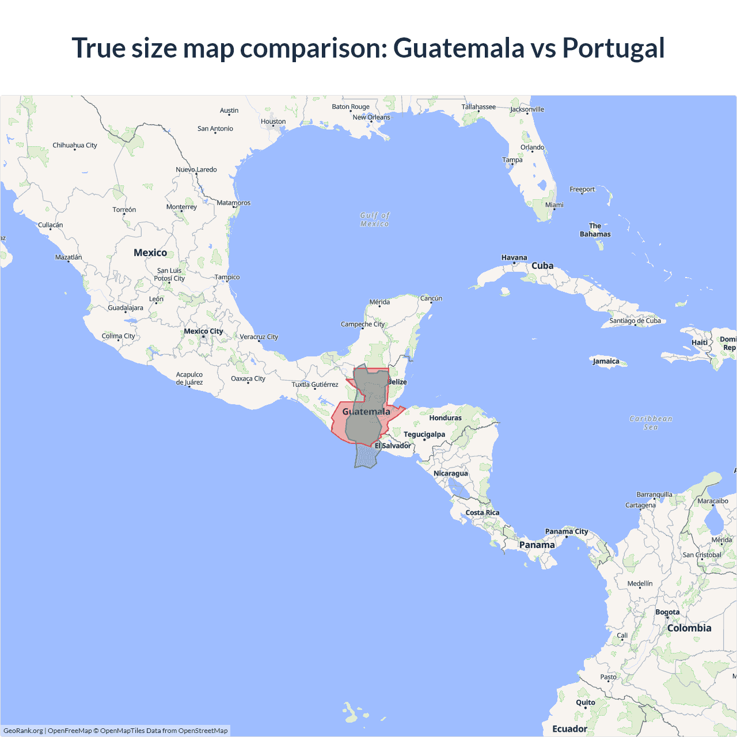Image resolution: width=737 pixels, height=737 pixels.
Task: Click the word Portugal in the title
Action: point(613,48)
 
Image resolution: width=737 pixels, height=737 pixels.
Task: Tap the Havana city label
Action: point(514,257)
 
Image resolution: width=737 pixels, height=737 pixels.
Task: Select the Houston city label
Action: point(273,121)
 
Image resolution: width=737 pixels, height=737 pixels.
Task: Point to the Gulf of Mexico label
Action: point(375,219)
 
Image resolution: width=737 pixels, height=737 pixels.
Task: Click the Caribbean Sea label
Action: point(651,423)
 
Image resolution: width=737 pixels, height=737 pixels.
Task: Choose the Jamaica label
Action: point(606,361)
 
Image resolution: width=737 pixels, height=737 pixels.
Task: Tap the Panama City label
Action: point(567,531)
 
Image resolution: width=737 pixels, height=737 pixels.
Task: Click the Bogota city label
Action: point(667,612)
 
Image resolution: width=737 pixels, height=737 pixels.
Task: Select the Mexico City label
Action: point(203,331)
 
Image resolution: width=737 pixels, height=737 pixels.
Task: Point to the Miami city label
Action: point(554,205)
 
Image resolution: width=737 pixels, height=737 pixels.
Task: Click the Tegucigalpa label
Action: point(424,434)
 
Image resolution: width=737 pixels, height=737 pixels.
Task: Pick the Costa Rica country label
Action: point(483,512)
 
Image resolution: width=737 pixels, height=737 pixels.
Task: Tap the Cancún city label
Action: point(431,298)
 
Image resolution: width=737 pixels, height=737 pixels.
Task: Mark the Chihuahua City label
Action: point(75,145)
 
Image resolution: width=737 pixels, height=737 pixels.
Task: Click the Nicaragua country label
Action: point(451,473)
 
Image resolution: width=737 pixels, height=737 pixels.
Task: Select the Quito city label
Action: point(586,702)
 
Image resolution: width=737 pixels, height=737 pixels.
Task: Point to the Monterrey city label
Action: point(181,207)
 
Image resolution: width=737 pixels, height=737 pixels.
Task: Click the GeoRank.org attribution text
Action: point(23,731)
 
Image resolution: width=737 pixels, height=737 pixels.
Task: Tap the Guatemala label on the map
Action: point(366,412)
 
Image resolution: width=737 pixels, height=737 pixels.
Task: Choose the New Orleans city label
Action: point(371,117)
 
